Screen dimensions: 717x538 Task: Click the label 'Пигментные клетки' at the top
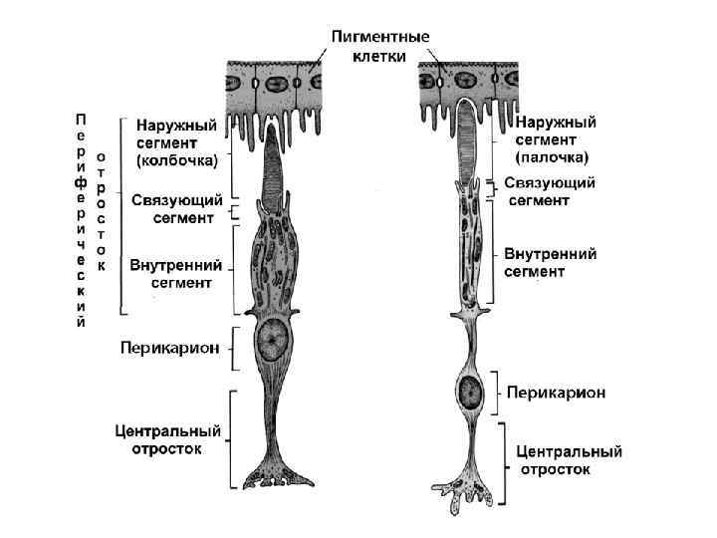[380, 47]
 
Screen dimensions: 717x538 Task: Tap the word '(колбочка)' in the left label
[176, 160]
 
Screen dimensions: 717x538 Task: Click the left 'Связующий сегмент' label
[176, 207]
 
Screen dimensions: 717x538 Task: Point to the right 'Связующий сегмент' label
[550, 191]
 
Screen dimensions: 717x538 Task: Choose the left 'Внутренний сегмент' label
[176, 274]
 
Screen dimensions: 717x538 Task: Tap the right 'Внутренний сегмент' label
[550, 262]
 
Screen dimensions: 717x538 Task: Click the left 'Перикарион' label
[169, 349]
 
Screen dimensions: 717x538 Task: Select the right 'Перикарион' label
[556, 392]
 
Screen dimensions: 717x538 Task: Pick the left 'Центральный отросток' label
[166, 439]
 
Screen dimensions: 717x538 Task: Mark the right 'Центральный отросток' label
[569, 459]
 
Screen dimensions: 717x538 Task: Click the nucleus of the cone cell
[270, 342]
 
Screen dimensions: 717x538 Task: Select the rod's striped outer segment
[469, 140]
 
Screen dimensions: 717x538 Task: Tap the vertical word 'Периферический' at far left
[82, 219]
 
